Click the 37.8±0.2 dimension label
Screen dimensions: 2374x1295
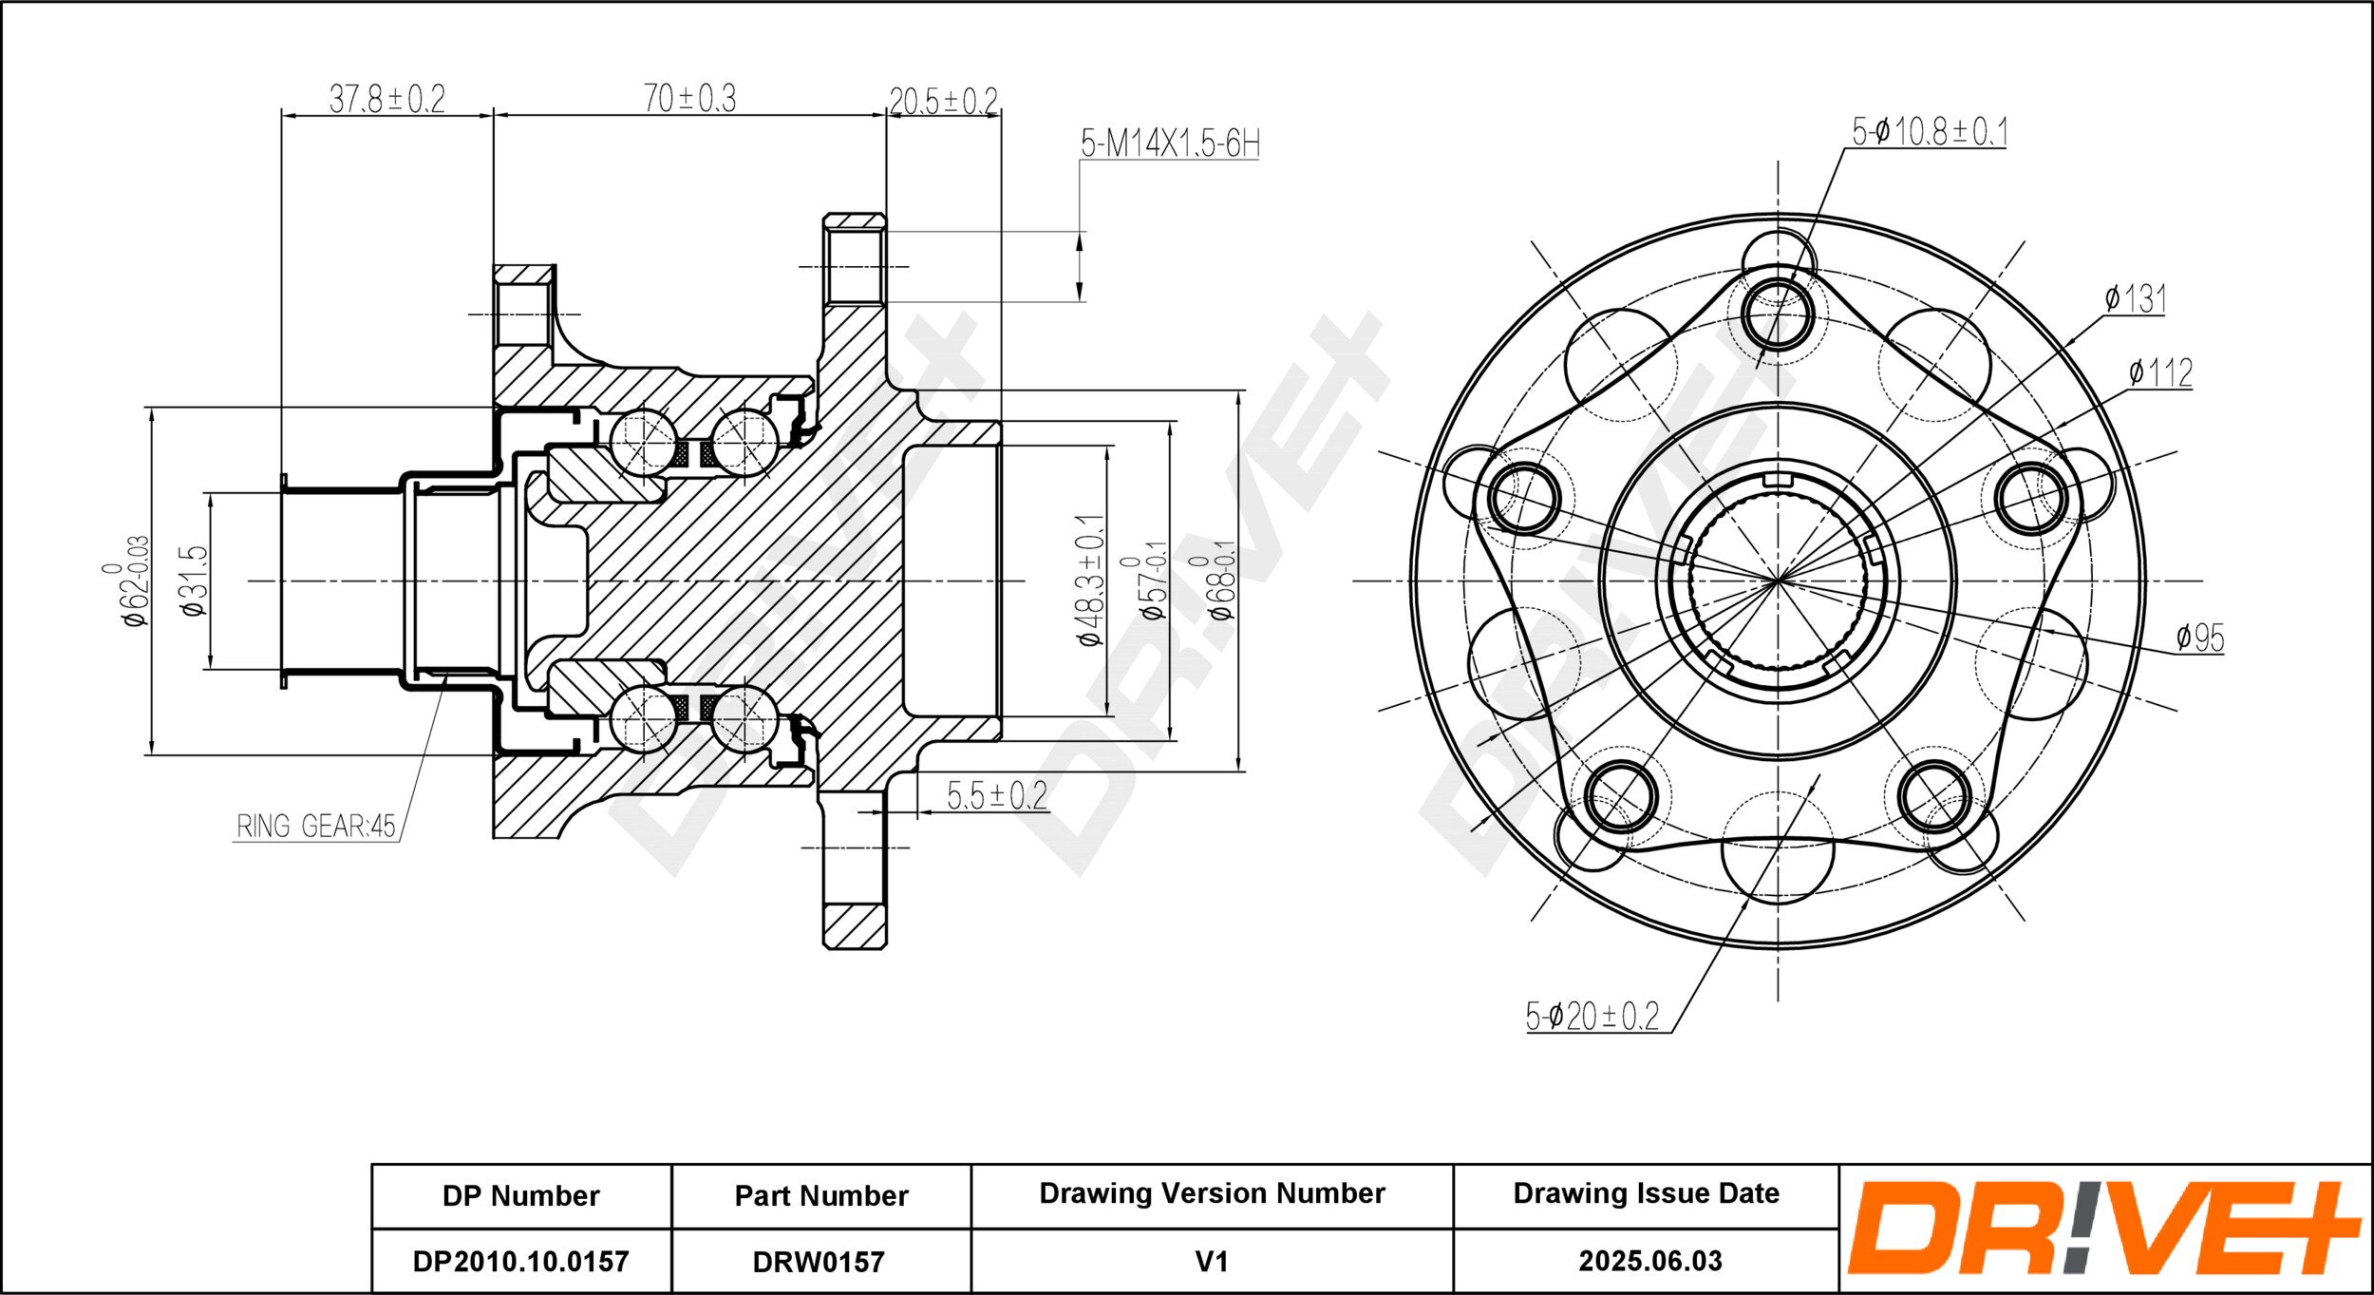point(386,98)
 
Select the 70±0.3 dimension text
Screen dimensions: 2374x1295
point(689,98)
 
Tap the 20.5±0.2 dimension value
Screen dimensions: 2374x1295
point(943,101)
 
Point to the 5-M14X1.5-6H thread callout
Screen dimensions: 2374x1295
point(1170,143)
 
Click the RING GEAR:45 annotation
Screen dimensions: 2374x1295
point(315,826)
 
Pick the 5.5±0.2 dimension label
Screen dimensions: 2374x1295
point(996,794)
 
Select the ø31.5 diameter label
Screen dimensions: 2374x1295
point(194,581)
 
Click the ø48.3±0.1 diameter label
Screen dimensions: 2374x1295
point(1090,581)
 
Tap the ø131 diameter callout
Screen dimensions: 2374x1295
point(2135,299)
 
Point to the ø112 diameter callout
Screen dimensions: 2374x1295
point(2160,372)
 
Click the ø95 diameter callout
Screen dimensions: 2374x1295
point(2199,638)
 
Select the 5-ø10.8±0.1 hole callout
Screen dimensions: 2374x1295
point(1930,132)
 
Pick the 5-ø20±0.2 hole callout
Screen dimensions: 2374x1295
point(1592,1017)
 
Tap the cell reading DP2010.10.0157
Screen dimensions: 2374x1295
point(520,1261)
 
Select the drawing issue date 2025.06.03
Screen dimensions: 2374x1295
point(1650,1260)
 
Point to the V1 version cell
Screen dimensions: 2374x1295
point(1212,1261)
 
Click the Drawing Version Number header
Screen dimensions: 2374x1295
point(1212,1192)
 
